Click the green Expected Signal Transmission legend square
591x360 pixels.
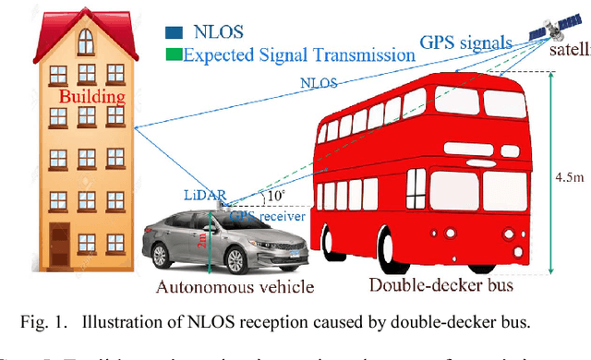173,54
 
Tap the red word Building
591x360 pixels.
90,96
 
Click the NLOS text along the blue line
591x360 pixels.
320,82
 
